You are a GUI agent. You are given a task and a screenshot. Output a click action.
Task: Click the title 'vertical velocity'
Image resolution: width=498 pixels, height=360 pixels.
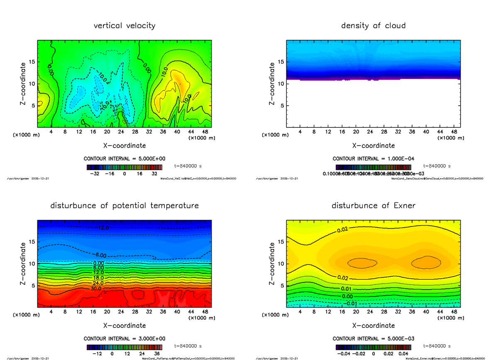click(124, 26)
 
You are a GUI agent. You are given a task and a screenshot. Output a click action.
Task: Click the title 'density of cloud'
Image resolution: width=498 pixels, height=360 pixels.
click(373, 26)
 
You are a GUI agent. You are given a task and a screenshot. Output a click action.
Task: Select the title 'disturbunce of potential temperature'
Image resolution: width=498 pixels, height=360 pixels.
click(124, 206)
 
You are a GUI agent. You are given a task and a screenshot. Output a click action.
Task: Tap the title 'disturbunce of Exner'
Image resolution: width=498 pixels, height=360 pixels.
click(373, 206)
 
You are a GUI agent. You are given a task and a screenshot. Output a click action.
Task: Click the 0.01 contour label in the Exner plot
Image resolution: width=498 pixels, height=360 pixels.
click(347, 289)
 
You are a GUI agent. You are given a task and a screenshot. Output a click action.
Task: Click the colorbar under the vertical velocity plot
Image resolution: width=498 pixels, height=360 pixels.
click(124, 167)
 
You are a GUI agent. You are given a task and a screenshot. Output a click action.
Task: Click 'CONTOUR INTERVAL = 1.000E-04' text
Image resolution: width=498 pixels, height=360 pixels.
click(373, 159)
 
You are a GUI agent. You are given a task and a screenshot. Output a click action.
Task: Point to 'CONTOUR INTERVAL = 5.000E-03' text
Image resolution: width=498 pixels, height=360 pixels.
click(373, 338)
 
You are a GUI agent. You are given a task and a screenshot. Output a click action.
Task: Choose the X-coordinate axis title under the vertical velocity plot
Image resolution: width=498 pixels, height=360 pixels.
click(124, 146)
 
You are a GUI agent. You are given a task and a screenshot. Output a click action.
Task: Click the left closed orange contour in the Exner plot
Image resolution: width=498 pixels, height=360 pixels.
click(362, 263)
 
